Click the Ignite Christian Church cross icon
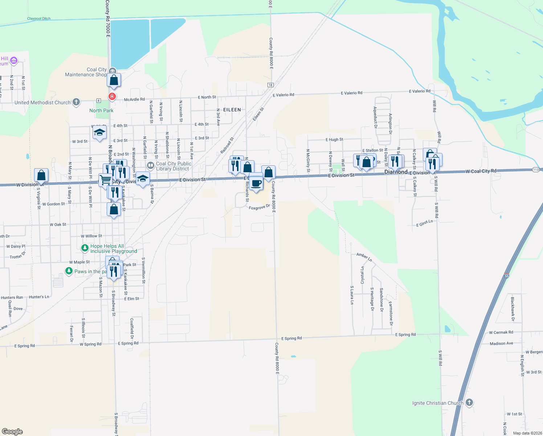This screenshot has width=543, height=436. (469, 403)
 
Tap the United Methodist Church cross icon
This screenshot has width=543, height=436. (76, 102)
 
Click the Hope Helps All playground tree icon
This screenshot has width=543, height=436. (85, 248)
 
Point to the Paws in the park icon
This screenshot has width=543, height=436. (69, 271)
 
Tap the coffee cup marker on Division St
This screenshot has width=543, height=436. (256, 183)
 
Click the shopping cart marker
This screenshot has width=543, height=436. (105, 180)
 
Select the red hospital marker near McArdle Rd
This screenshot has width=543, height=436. (112, 96)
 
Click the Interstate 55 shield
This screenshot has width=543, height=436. (507, 276)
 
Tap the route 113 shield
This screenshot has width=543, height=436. (536, 170)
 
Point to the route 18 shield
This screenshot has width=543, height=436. (270, 85)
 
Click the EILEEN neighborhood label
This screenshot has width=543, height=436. (232, 110)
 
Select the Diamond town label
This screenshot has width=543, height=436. (396, 172)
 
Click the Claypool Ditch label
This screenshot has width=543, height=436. (39, 19)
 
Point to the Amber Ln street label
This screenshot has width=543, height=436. (364, 257)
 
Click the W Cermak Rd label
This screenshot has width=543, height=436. (501, 332)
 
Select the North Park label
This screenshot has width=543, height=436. (101, 110)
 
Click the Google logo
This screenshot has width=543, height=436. (12, 432)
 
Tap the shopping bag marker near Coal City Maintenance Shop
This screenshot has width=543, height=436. (114, 80)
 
